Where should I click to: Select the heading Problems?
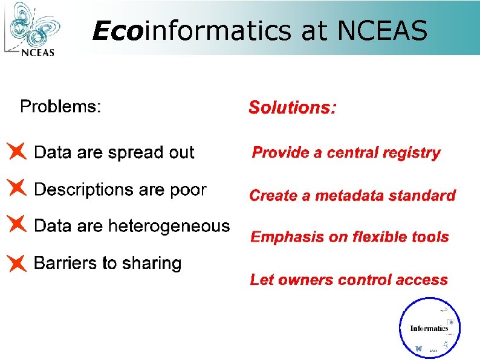pyautogui.click(x=60, y=107)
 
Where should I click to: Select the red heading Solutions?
pyautogui.click(x=293, y=108)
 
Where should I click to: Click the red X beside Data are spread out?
pyautogui.click(x=17, y=151)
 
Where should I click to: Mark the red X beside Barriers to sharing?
pyautogui.click(x=17, y=262)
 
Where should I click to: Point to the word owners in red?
pyautogui.click(x=305, y=280)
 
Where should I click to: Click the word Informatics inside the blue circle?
pyautogui.click(x=429, y=329)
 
